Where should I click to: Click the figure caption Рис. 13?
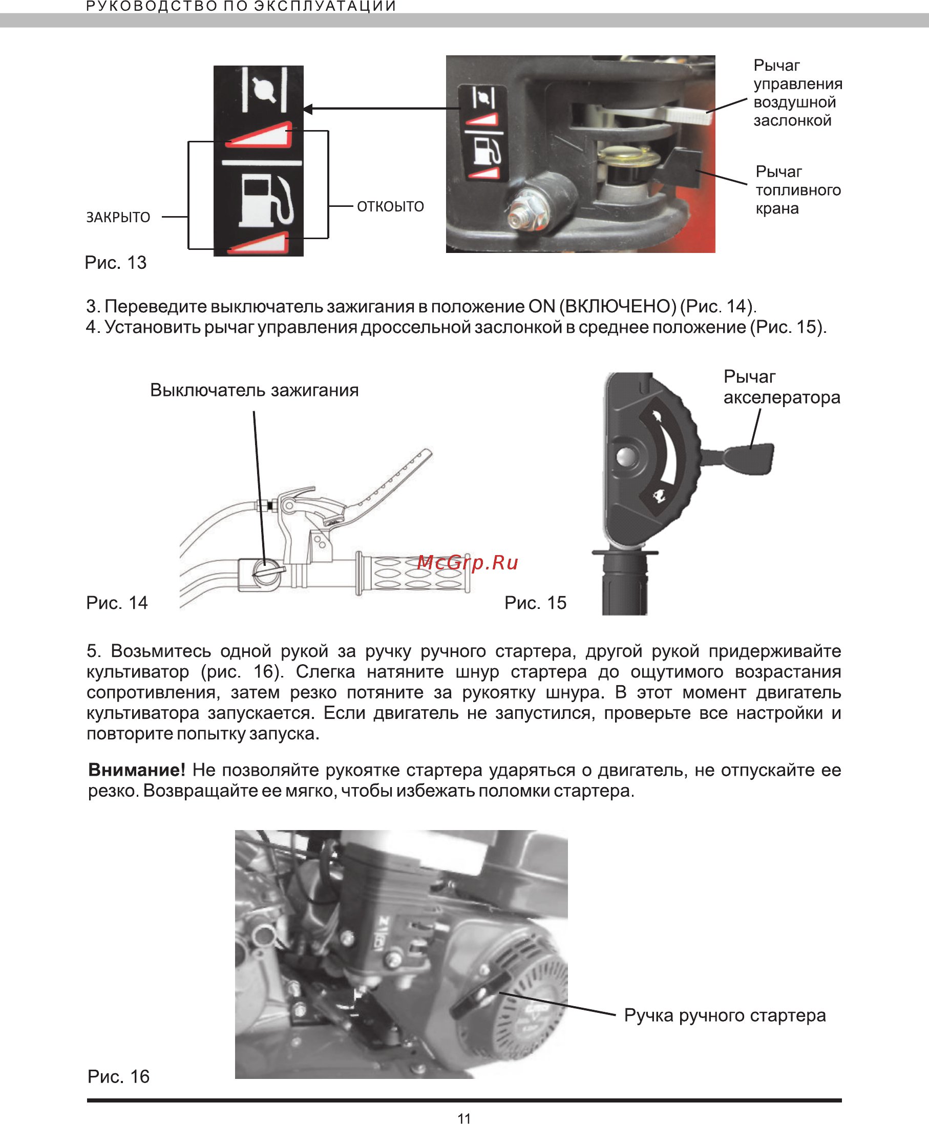tap(116, 263)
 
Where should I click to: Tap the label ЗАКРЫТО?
tap(118, 217)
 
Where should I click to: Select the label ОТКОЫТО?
tap(390, 206)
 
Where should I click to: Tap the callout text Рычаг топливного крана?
tap(797, 190)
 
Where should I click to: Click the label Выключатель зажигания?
tap(254, 390)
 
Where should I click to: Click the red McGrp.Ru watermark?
tap(468, 562)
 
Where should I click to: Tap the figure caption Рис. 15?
tap(535, 603)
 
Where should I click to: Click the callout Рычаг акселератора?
tap(782, 387)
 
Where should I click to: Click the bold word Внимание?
tap(136, 770)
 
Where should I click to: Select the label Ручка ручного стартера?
tap(725, 1015)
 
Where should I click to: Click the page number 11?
tap(464, 1118)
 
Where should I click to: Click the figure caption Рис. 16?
tap(118, 1076)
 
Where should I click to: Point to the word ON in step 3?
tap(541, 307)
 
